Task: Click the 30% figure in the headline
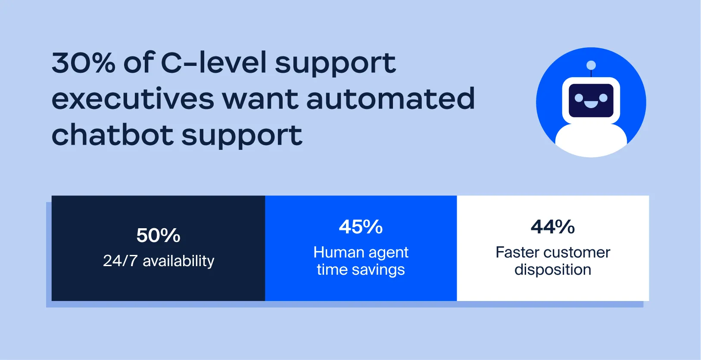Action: (x=84, y=63)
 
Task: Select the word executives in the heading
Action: (x=133, y=99)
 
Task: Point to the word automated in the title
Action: (x=390, y=99)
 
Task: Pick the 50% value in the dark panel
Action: (x=158, y=236)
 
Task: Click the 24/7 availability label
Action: (x=159, y=261)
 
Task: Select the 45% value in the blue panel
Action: (x=361, y=227)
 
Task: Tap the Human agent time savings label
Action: (x=361, y=261)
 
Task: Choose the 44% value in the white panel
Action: (x=553, y=227)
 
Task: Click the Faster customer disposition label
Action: (x=553, y=261)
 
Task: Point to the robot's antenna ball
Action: (x=591, y=65)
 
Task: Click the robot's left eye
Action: (x=579, y=98)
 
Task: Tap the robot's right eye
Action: (x=604, y=98)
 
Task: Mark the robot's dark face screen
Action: (x=591, y=91)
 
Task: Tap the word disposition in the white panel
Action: (x=553, y=270)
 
